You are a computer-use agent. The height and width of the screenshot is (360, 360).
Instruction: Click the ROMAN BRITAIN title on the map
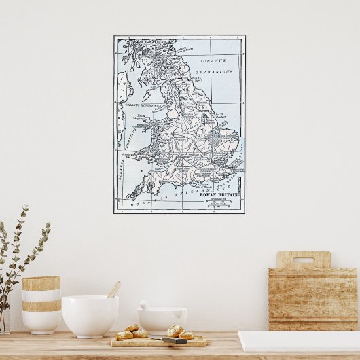pos(217,195)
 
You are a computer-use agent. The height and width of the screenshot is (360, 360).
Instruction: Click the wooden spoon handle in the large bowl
pos(113,289)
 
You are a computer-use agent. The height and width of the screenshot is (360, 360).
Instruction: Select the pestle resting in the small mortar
pos(144,305)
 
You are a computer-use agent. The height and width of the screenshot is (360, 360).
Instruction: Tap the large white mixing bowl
pos(90,316)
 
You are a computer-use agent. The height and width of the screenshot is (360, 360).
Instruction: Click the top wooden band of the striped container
pos(41,283)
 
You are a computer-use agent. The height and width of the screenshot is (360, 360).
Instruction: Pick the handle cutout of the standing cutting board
pos(304,260)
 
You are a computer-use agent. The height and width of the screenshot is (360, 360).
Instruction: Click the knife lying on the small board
pos(175,340)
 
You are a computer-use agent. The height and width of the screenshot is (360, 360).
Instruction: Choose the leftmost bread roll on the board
pos(124,335)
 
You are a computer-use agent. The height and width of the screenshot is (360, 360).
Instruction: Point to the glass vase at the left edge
pos(4,319)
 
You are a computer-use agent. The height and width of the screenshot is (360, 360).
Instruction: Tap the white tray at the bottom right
pos(299,341)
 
